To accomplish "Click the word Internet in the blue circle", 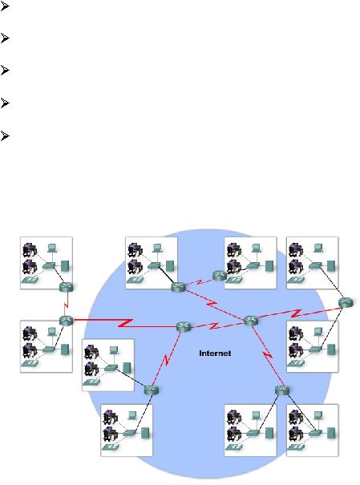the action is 215,354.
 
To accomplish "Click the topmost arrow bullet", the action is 4,6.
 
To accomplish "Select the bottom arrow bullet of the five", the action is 4,135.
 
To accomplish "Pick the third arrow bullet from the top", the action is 4,71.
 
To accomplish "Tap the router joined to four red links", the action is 250,321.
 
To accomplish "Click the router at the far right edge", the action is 346,302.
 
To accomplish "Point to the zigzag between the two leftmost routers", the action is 66,305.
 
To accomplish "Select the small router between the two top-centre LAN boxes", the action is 220,275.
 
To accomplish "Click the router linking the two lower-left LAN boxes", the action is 152,390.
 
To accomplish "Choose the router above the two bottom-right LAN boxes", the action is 282,390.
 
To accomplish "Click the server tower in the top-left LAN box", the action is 65,265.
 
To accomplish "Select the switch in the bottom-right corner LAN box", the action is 315,433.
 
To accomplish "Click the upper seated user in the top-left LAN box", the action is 30,249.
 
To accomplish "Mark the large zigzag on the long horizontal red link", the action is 126,323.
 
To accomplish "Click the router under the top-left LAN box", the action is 67,287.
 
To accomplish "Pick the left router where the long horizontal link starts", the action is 67,321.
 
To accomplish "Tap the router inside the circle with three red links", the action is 184,327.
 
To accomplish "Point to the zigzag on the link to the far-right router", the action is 297,313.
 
